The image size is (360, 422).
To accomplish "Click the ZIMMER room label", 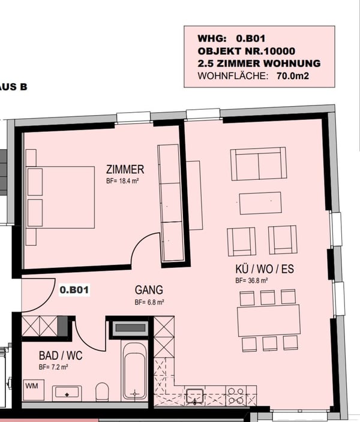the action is [125, 170].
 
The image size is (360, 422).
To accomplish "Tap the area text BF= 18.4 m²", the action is [122, 181].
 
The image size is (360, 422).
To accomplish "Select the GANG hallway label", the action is [149, 290].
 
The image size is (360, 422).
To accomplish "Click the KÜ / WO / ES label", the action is [265, 269].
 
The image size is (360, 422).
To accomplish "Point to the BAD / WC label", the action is [61, 356].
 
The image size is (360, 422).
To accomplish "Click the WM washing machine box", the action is [34, 390].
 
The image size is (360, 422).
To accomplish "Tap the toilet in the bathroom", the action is [102, 391].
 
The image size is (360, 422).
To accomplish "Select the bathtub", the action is [135, 372].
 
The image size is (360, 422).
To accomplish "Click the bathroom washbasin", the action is [67, 393].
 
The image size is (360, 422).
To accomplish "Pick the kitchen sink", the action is [194, 396].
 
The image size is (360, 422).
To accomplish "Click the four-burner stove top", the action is [236, 396].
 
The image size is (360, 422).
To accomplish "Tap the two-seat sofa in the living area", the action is [259, 164].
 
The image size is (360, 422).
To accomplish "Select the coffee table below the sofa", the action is [260, 203].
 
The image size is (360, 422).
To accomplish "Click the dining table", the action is [269, 320].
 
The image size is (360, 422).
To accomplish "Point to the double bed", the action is [61, 198].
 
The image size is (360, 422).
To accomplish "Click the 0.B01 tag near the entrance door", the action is [74, 290].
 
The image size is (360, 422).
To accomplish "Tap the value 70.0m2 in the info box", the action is [293, 76].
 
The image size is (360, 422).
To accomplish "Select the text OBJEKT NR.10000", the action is [246, 51].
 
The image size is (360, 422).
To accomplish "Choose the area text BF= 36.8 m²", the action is [251, 281].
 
